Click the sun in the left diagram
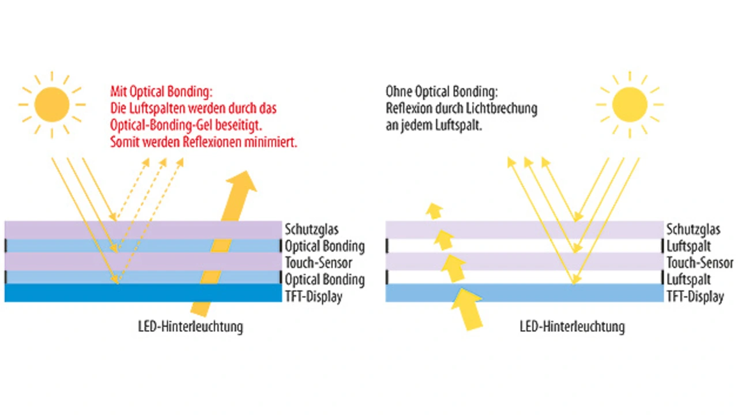click(52, 104)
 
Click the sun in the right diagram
click(630, 104)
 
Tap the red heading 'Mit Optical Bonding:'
click(161, 92)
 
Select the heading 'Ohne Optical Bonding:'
click(442, 92)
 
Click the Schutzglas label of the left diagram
click(312, 229)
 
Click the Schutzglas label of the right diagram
click(693, 229)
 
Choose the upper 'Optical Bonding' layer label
click(325, 246)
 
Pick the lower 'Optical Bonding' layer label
click(325, 280)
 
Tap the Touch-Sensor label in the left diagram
click(319, 263)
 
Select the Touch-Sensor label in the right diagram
click(700, 263)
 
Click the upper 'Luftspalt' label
click(688, 246)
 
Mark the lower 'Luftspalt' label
click(688, 280)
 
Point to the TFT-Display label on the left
click(314, 296)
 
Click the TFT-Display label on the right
click(695, 296)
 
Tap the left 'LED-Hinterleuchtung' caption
click(190, 327)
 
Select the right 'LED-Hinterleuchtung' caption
click(573, 327)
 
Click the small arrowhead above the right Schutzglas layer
click(434, 211)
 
